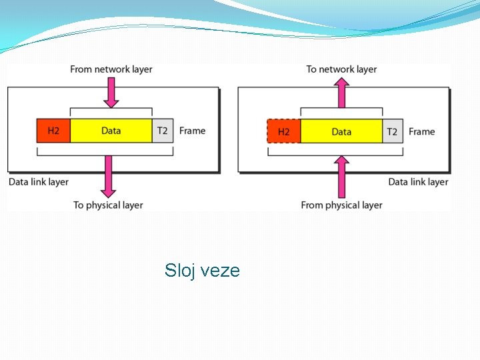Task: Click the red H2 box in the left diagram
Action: (x=53, y=131)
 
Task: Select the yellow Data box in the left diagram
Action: (x=111, y=131)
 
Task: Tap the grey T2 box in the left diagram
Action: (x=163, y=131)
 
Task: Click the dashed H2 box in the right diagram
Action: (x=283, y=131)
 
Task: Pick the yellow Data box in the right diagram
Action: (x=341, y=131)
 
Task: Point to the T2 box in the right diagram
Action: (x=392, y=131)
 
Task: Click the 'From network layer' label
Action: (x=111, y=69)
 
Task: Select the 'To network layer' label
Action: (x=341, y=69)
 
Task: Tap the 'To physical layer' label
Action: (x=108, y=205)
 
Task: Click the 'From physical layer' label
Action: (x=341, y=205)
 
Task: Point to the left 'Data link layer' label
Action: (x=39, y=181)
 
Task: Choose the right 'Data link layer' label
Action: (x=418, y=181)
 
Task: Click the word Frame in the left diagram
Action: (x=192, y=131)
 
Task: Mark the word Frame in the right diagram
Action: (x=421, y=131)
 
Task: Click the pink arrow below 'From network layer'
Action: (x=111, y=92)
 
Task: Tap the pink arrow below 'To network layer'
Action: (x=341, y=92)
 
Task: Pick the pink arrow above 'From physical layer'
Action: (x=341, y=175)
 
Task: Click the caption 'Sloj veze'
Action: (x=202, y=270)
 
